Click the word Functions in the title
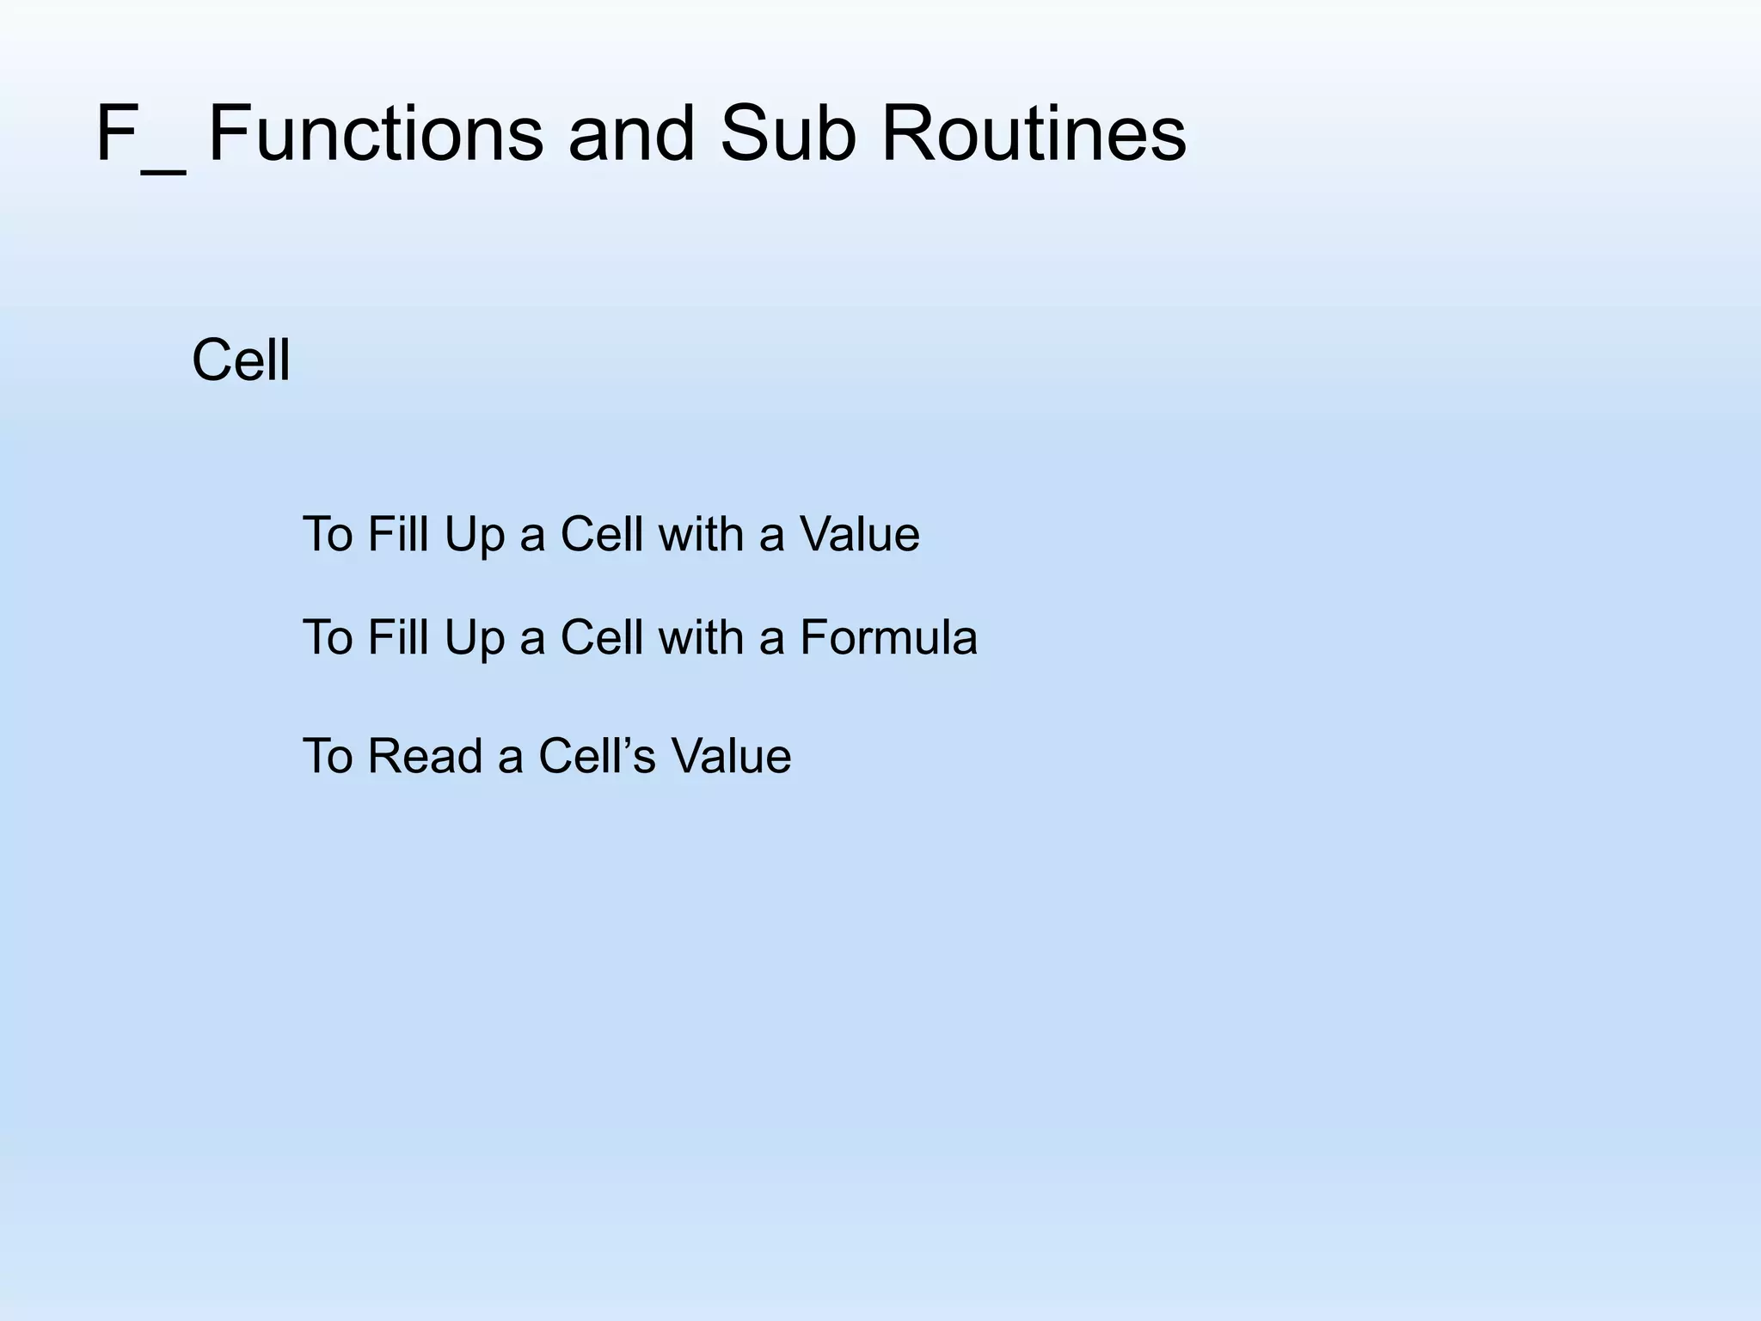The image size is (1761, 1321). (376, 133)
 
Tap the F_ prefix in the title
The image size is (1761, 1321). (139, 133)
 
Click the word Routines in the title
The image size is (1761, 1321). (1034, 133)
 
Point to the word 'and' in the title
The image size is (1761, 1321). (631, 133)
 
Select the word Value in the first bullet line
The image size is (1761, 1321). (859, 534)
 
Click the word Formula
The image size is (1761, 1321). (888, 638)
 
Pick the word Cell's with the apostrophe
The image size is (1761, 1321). (597, 757)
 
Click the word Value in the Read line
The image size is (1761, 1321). (731, 757)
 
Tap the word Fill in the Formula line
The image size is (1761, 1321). (398, 638)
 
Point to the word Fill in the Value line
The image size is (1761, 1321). (398, 534)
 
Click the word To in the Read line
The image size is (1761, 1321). (328, 757)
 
